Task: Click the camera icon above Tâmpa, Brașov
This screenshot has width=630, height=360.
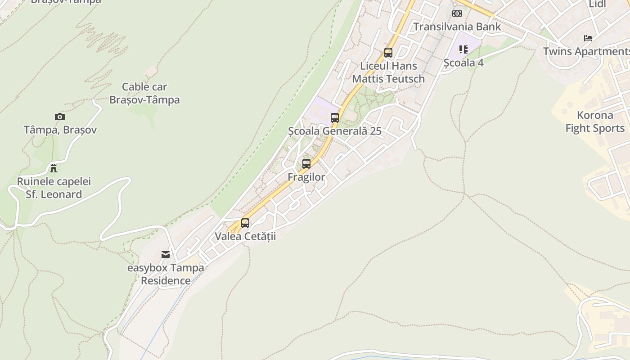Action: [59, 117]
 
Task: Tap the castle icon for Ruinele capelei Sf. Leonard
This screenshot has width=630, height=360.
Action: [54, 168]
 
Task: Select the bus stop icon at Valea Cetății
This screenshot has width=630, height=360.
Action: [245, 223]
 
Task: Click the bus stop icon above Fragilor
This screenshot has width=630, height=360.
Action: [306, 164]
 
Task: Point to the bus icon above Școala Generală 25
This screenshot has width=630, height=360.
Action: [335, 118]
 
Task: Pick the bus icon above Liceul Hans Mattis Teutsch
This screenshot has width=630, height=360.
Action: [388, 53]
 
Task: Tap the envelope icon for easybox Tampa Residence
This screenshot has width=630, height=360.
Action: [166, 255]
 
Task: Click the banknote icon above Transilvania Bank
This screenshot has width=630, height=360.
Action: [457, 13]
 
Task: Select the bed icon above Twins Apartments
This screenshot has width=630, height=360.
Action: [588, 38]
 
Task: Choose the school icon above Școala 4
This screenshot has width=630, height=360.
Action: [463, 49]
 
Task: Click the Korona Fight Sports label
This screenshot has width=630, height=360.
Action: [595, 121]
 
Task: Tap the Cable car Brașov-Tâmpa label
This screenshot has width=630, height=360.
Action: [144, 93]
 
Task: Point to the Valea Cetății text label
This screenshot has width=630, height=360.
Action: [245, 236]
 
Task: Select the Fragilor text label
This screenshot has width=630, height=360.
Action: [306, 177]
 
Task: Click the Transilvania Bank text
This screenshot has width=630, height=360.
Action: [457, 27]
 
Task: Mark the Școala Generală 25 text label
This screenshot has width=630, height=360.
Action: [335, 131]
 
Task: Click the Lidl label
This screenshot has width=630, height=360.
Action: [598, 4]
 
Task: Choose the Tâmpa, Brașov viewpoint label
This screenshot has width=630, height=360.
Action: [60, 130]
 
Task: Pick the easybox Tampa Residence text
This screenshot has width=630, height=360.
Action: [166, 274]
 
